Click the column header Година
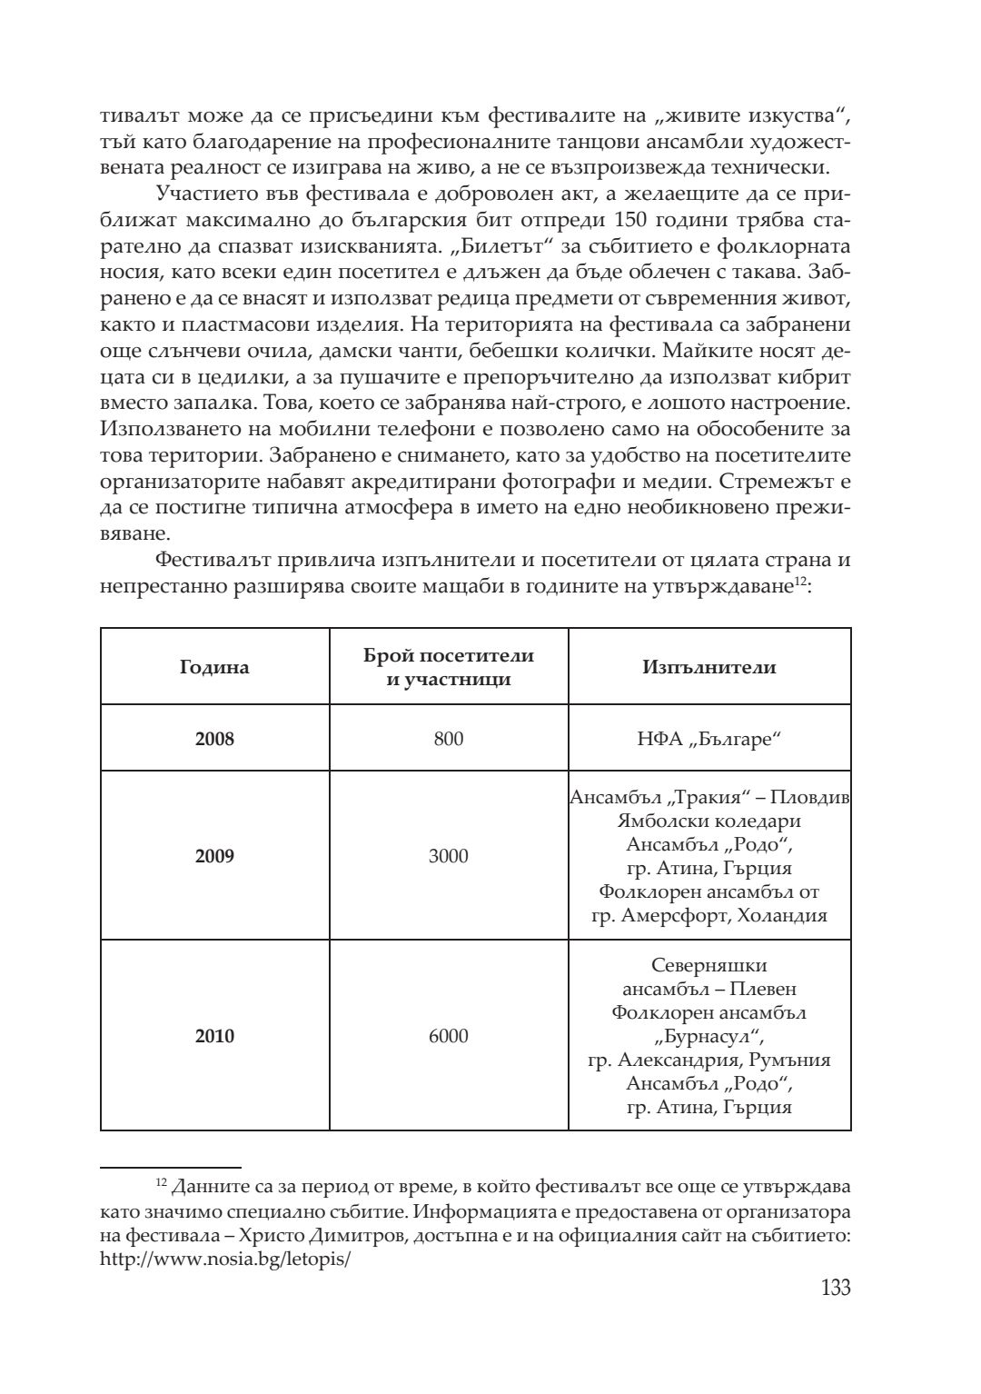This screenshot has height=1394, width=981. (x=214, y=668)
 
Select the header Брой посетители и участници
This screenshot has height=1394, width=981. (x=449, y=668)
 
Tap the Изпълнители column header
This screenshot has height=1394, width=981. (x=709, y=668)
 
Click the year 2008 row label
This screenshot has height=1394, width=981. (x=214, y=739)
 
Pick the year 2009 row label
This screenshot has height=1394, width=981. (x=214, y=856)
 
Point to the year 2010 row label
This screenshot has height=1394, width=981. (x=214, y=1036)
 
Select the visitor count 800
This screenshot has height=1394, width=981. (x=449, y=739)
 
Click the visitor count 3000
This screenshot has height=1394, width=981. (x=449, y=856)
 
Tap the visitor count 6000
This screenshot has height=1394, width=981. (x=449, y=1036)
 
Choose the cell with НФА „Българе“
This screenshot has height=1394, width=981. (x=709, y=739)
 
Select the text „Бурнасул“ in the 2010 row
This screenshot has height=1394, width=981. (x=709, y=1036)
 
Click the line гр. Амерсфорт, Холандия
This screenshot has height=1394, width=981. (x=709, y=916)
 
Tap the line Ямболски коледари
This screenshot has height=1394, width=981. (x=709, y=821)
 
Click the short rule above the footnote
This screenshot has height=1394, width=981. (x=170, y=1164)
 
